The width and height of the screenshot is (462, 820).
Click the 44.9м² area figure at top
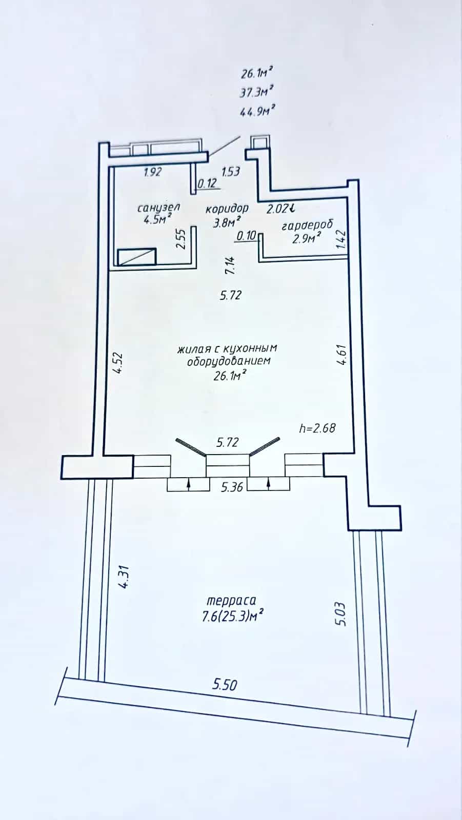coord(257,111)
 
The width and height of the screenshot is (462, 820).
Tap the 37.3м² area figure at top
coord(257,92)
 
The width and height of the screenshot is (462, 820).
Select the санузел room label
coord(158,208)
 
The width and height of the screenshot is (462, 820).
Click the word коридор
coord(227,209)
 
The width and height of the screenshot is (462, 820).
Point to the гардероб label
coord(307,225)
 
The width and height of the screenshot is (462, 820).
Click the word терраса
coord(231,601)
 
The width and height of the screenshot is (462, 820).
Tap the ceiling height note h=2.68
coord(317,428)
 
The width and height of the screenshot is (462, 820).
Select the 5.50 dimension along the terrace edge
coord(225,684)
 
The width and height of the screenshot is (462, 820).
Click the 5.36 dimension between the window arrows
coord(232,487)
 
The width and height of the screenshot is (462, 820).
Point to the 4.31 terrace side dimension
coord(124,577)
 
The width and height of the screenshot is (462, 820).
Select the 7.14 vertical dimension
coord(230,265)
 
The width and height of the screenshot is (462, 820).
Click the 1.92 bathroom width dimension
coord(152,171)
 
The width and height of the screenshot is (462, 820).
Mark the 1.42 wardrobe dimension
coord(340,239)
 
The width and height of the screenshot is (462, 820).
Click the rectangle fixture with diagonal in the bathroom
coord(137,257)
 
